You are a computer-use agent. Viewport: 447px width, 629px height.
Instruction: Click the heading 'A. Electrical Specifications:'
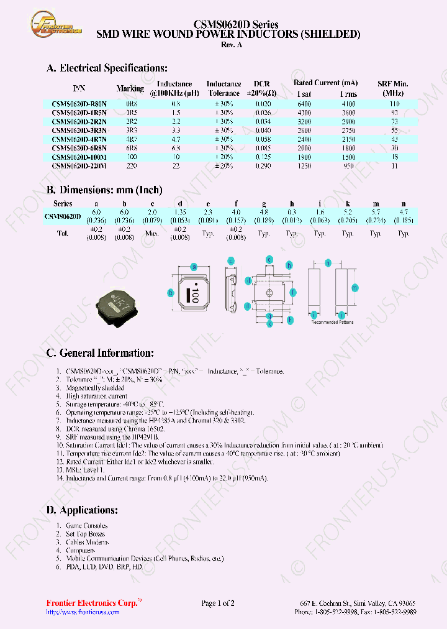click(107, 68)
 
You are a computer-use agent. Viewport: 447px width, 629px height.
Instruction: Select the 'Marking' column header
click(130, 88)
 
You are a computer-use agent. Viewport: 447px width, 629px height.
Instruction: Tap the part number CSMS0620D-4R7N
click(79, 140)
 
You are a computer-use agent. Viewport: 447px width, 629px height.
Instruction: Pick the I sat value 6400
click(304, 104)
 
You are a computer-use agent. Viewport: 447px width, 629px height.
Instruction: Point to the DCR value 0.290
click(263, 167)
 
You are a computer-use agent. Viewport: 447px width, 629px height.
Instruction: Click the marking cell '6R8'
click(131, 149)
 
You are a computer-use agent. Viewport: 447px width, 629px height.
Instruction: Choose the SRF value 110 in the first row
click(394, 104)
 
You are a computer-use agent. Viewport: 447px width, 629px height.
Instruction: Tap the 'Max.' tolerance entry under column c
click(152, 234)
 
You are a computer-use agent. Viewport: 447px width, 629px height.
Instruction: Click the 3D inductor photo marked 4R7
click(119, 303)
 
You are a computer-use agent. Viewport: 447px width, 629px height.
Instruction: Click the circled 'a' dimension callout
click(194, 267)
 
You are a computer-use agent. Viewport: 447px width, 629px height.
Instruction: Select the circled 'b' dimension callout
click(171, 293)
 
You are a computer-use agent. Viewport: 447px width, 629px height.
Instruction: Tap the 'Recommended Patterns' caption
click(332, 322)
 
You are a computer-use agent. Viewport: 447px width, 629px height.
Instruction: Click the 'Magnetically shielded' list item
click(95, 387)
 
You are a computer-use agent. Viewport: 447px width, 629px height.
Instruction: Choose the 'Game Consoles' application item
click(86, 525)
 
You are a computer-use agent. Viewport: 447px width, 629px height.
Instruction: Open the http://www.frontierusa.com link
click(83, 612)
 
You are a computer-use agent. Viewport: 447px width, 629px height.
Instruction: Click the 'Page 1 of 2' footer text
click(218, 603)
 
